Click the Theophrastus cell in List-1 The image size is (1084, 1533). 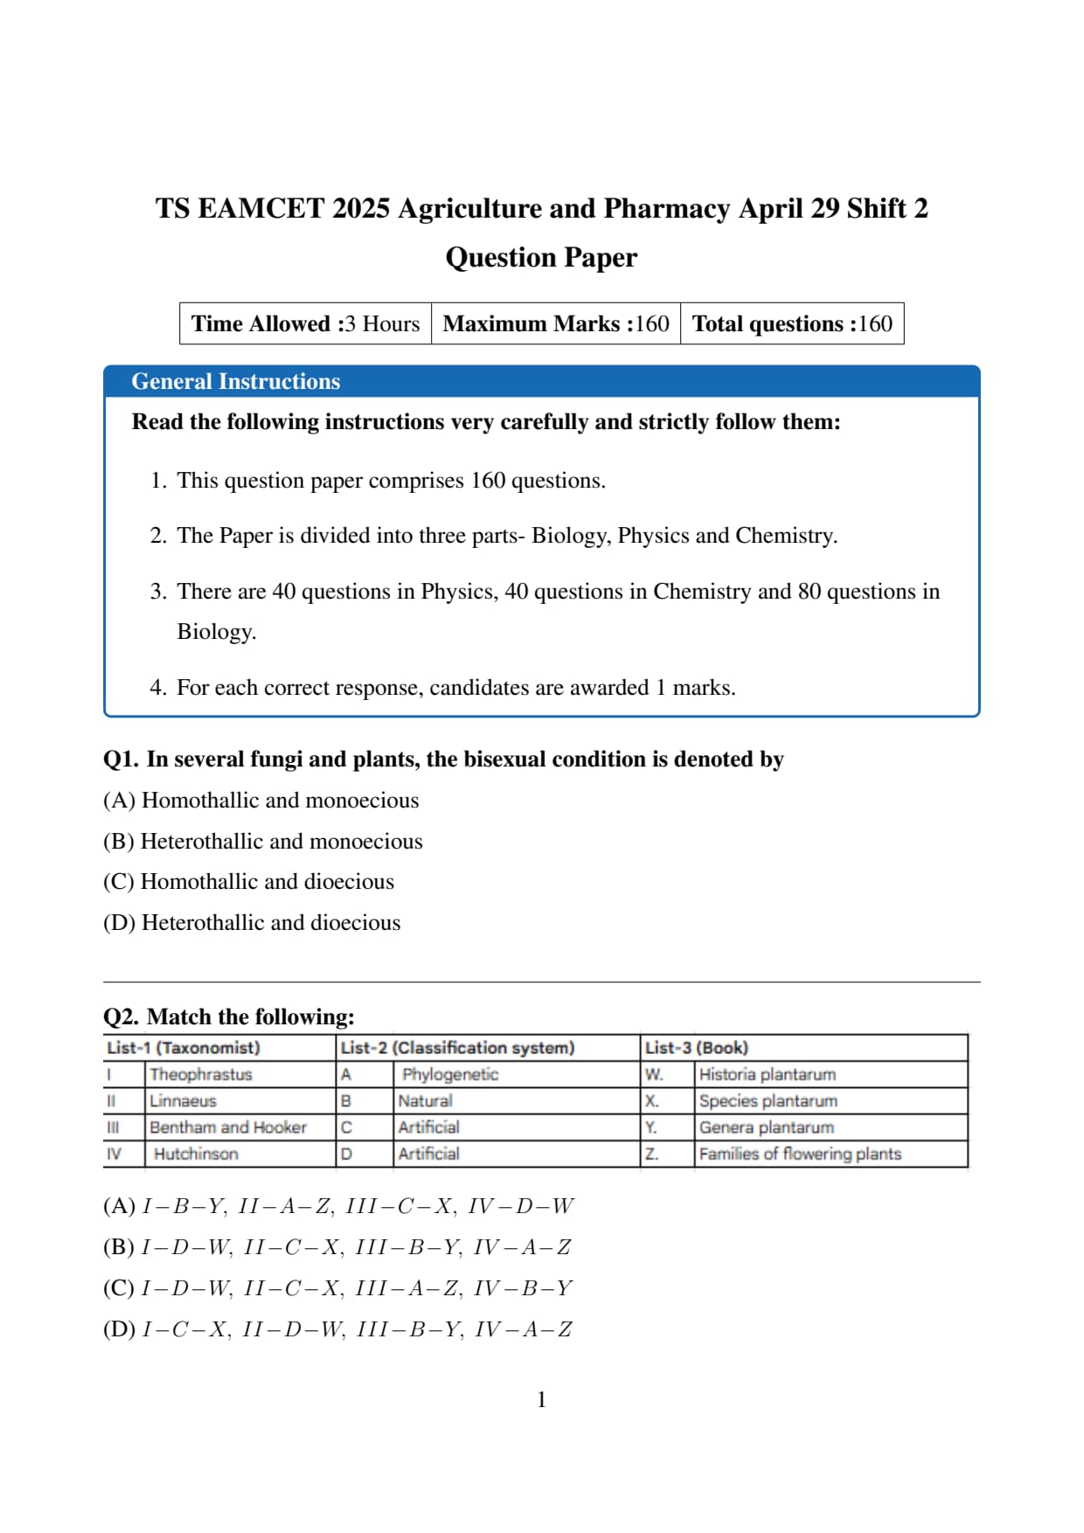tap(201, 1074)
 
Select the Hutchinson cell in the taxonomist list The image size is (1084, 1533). tap(196, 1154)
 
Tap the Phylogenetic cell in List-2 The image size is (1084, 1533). tap(450, 1074)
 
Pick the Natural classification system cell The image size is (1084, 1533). tap(426, 1101)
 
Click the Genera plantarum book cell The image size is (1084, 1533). tap(767, 1127)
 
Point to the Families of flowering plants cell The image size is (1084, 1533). tap(800, 1154)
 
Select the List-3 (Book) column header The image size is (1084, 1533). tap(697, 1047)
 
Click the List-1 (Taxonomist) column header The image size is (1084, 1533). tap(184, 1047)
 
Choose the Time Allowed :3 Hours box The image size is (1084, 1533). tap(305, 323)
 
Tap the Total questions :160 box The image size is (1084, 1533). tap(792, 323)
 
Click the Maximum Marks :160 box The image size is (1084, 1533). tap(556, 323)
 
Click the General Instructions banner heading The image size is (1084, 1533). tap(236, 381)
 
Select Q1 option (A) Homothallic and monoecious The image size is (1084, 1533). tap(261, 801)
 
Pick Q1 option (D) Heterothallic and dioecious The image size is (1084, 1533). tap(252, 923)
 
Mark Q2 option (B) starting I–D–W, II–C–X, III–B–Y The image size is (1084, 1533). tap(337, 1247)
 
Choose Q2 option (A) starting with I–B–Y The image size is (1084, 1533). tap(338, 1206)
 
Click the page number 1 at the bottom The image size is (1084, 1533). tap(541, 1399)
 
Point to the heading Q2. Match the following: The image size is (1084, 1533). tap(229, 1016)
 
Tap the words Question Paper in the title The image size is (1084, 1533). tap(541, 257)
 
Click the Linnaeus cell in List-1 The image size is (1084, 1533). tap(183, 1101)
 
